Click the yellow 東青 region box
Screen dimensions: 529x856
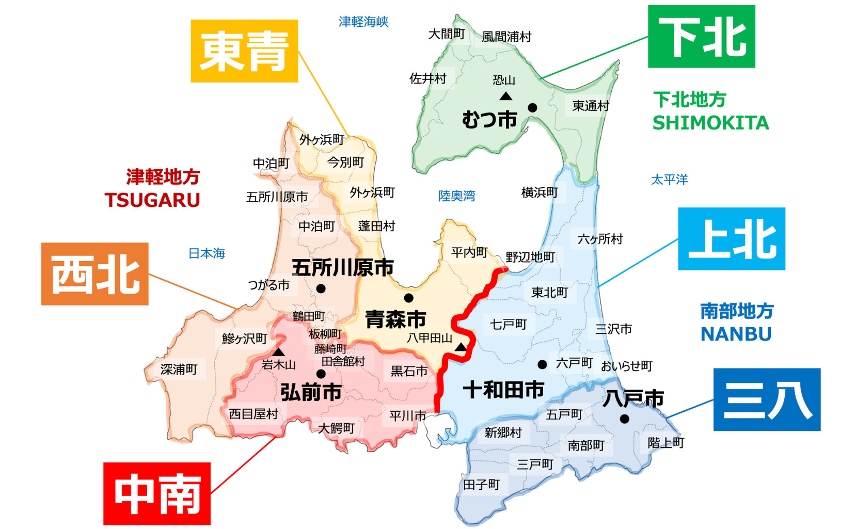244,51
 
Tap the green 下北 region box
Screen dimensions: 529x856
701,37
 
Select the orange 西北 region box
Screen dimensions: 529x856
95,274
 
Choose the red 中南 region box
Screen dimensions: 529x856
157,494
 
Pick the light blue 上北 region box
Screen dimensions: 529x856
732,239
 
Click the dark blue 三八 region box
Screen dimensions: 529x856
767,399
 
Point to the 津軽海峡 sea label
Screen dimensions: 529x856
363,22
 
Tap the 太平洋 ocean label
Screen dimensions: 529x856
669,180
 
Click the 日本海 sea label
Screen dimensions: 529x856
207,253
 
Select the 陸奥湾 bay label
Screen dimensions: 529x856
456,196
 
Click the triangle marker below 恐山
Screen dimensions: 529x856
506,96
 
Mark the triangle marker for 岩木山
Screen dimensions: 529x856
278,352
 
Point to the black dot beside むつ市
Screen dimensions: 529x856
532,108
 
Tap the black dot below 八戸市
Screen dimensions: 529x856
624,419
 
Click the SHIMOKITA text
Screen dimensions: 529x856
710,123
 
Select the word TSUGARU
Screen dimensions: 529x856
152,200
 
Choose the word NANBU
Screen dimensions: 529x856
736,334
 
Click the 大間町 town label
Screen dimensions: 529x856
447,34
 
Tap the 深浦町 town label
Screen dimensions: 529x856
179,370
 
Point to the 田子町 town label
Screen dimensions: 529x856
481,485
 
